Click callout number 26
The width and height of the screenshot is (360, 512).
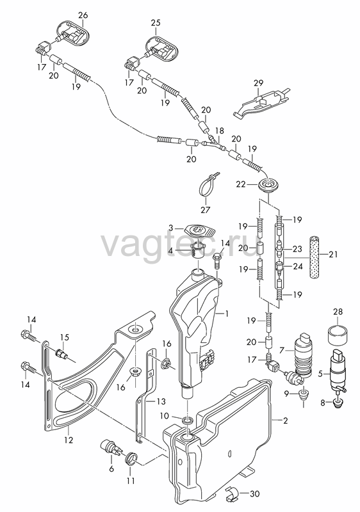point(83,15)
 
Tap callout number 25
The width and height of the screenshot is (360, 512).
point(156,22)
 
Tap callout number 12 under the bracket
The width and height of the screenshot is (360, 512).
point(69,440)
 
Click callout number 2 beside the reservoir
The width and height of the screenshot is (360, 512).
point(286,420)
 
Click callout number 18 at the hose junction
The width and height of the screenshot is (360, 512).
point(220,131)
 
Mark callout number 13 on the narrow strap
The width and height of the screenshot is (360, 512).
point(161,401)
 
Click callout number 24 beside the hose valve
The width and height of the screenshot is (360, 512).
point(298,266)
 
